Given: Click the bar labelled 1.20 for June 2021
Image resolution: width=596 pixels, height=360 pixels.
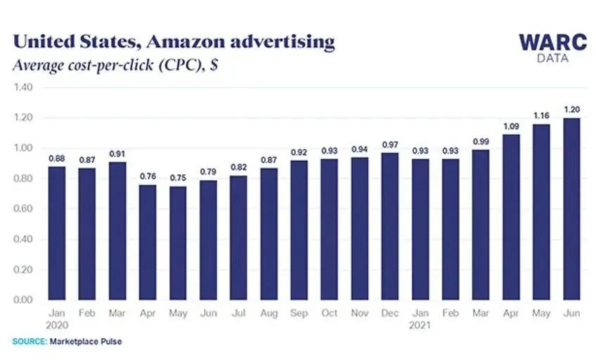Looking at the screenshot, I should click(x=570, y=209).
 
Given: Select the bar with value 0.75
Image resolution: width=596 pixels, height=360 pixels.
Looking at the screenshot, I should click(x=178, y=243).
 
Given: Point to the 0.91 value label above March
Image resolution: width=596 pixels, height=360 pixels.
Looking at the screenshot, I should click(x=117, y=153).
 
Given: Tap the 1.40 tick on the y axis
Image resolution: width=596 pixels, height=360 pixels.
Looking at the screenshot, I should click(x=23, y=88).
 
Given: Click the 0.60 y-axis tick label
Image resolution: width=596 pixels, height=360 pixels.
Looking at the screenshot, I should click(x=23, y=209).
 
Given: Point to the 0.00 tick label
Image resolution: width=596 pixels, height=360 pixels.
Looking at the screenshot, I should click(x=23, y=300).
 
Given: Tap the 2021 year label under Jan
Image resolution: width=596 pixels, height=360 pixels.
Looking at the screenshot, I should click(x=420, y=325).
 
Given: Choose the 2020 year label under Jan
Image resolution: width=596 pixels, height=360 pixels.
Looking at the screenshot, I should click(x=57, y=325).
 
